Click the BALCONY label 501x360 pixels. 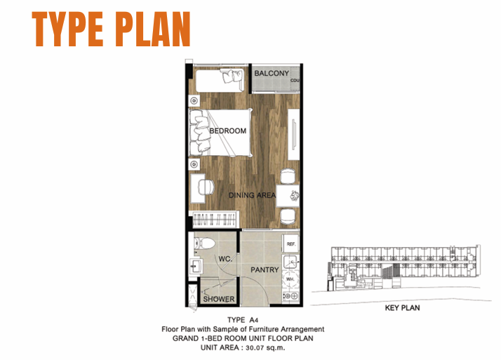point(272,73)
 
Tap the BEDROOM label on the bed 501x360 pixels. point(228,131)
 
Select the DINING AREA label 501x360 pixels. point(252,195)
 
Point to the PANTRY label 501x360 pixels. point(265,270)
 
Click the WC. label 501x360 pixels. point(225,259)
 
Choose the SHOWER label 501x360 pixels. point(219,299)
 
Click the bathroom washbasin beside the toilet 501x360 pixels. point(196,266)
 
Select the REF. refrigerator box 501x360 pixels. point(290,244)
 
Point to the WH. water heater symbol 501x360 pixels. point(290,279)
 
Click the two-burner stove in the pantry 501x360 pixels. point(290,296)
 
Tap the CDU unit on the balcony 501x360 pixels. point(295,80)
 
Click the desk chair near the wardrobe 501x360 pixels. point(206,187)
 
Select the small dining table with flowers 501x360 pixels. point(288,196)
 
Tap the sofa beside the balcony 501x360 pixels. point(220,80)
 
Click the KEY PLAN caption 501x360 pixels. point(402,308)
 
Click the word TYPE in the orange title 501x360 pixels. point(68,29)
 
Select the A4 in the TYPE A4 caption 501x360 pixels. point(254,320)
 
